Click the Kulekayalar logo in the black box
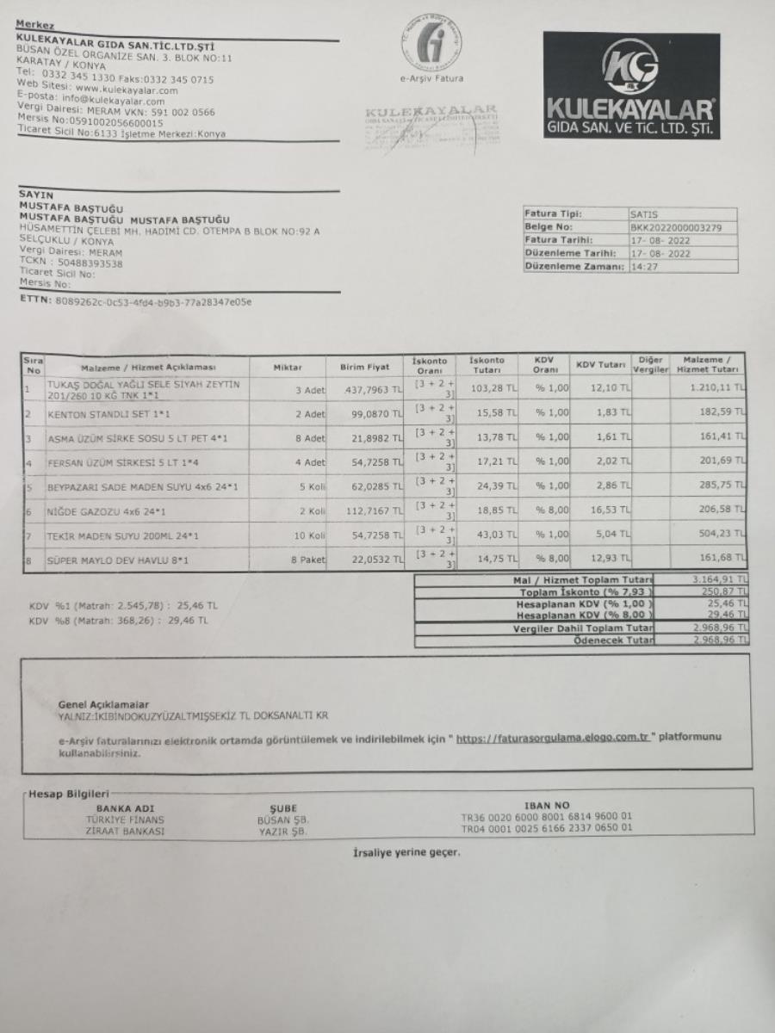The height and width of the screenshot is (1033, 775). click(631, 86)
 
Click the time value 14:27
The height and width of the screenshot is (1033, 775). click(642, 267)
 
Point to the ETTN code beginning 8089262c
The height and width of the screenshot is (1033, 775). click(154, 302)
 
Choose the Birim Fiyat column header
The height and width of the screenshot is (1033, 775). click(364, 368)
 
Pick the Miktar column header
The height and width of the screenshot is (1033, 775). click(288, 368)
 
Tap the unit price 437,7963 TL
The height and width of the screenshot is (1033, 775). click(373, 390)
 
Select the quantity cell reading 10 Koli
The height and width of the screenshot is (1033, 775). click(308, 535)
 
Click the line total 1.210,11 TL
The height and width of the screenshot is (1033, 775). click(716, 389)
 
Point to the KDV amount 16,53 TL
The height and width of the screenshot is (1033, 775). click(612, 511)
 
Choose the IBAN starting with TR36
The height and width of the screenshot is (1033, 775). click(547, 818)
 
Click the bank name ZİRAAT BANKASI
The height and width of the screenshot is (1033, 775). click(125, 831)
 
